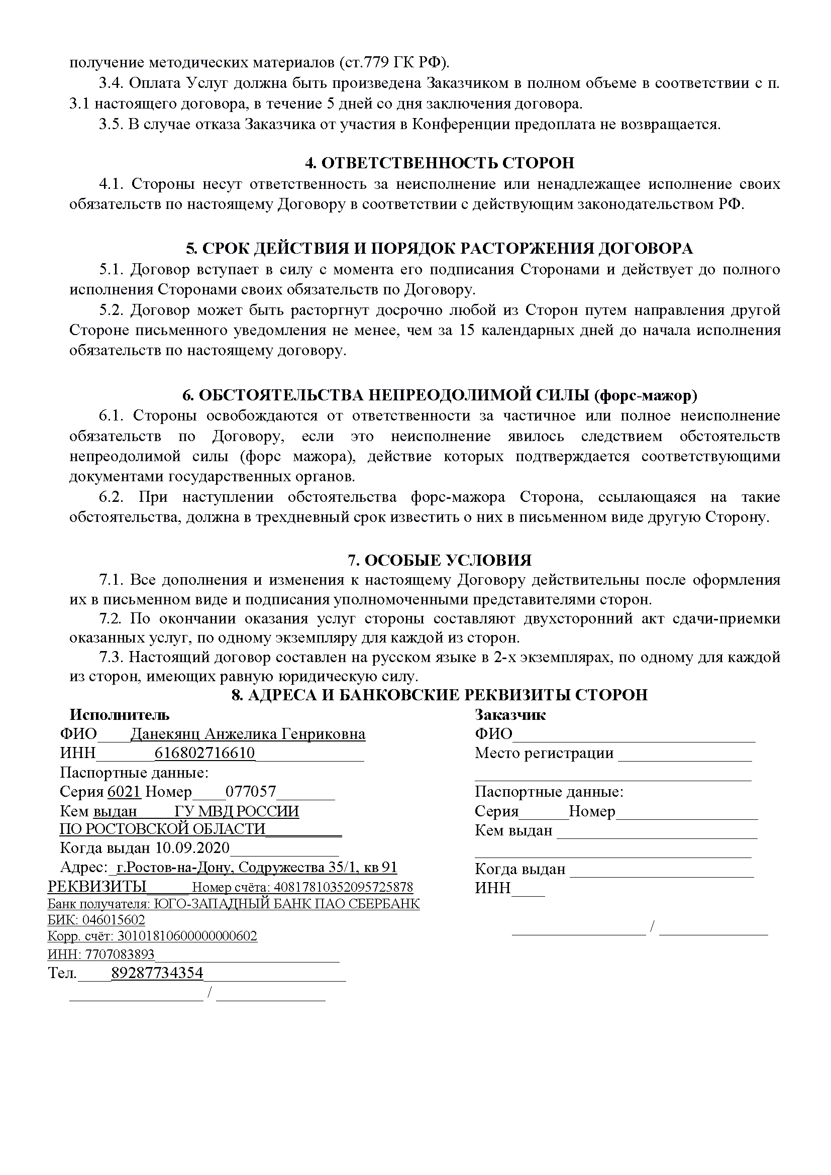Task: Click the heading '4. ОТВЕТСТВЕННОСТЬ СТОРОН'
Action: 440,163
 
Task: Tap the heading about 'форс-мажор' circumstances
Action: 440,395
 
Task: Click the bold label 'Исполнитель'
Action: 120,715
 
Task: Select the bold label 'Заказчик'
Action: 509,715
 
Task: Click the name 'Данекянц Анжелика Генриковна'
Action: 248,734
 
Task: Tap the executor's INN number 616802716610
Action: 204,754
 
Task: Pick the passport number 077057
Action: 251,792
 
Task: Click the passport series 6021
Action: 124,792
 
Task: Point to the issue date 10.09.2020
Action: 193,848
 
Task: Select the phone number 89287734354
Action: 157,973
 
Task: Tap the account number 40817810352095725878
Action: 343,887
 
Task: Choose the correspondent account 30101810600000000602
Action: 187,936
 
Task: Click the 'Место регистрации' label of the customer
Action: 544,754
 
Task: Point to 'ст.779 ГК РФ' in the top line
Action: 393,63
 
